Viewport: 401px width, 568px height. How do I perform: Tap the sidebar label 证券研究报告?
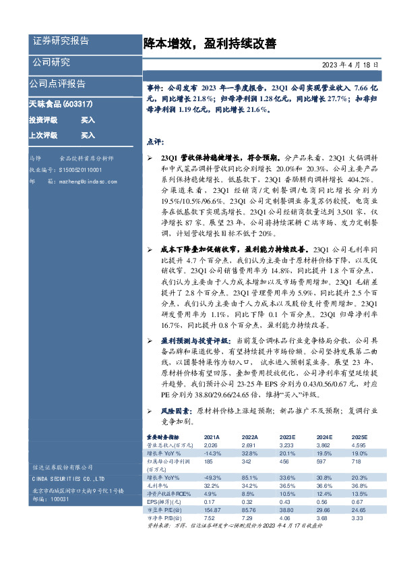61,41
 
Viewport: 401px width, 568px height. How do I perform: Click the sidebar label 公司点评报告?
57,84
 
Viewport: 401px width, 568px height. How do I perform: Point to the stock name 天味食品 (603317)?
61,105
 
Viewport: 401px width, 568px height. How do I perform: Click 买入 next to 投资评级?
88,119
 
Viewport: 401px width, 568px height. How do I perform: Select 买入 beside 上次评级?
88,135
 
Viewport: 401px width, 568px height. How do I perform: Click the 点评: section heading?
155,142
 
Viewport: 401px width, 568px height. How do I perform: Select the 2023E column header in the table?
287,437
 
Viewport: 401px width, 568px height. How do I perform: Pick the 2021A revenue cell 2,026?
211,445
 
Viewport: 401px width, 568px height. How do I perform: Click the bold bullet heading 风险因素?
175,410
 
